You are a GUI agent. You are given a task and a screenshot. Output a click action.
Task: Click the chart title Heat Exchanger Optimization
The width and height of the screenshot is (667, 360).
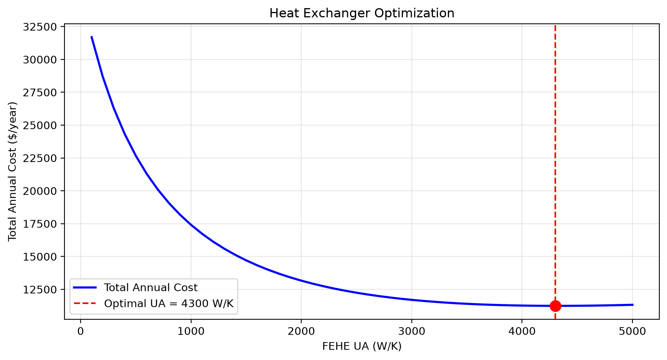[362, 13]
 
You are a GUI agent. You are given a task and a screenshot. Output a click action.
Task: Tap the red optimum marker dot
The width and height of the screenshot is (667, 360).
[555, 306]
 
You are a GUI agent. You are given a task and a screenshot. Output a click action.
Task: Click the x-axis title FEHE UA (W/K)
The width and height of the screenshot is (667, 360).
[362, 347]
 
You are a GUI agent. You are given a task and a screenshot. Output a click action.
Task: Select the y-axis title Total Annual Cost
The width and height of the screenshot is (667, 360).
[13, 172]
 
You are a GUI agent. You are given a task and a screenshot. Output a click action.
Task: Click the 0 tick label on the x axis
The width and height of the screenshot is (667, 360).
[81, 331]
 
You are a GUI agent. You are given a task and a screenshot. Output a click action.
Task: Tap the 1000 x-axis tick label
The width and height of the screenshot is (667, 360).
[191, 331]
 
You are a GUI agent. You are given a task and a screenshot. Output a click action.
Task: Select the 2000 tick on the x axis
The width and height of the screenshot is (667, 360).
[301, 331]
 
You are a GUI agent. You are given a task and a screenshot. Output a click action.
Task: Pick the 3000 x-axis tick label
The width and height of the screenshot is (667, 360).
[411, 331]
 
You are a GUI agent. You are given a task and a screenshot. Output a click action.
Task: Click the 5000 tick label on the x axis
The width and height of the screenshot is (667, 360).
[632, 331]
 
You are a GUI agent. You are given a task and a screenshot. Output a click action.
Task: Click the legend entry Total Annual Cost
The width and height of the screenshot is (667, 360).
[151, 288]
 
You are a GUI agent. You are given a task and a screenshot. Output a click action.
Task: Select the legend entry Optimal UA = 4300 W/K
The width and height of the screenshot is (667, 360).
[169, 304]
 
